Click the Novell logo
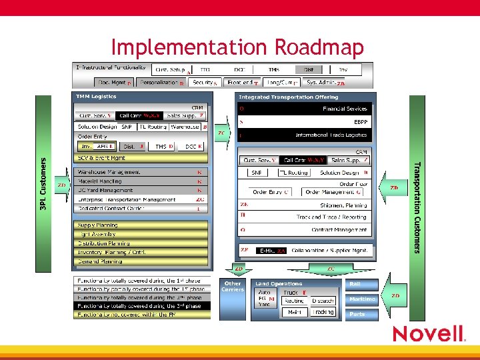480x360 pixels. pyautogui.click(x=427, y=333)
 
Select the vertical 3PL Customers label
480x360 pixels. pyautogui.click(x=43, y=184)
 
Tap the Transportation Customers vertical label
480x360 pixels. pyautogui.click(x=417, y=207)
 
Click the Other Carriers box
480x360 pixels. pyautogui.click(x=233, y=287)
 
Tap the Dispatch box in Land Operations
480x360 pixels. pyautogui.click(x=323, y=301)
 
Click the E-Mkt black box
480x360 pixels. pyautogui.click(x=271, y=251)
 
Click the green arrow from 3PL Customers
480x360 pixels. pyautogui.click(x=61, y=185)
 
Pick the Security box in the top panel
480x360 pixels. pyautogui.click(x=204, y=83)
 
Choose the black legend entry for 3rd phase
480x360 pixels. pyautogui.click(x=142, y=305)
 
